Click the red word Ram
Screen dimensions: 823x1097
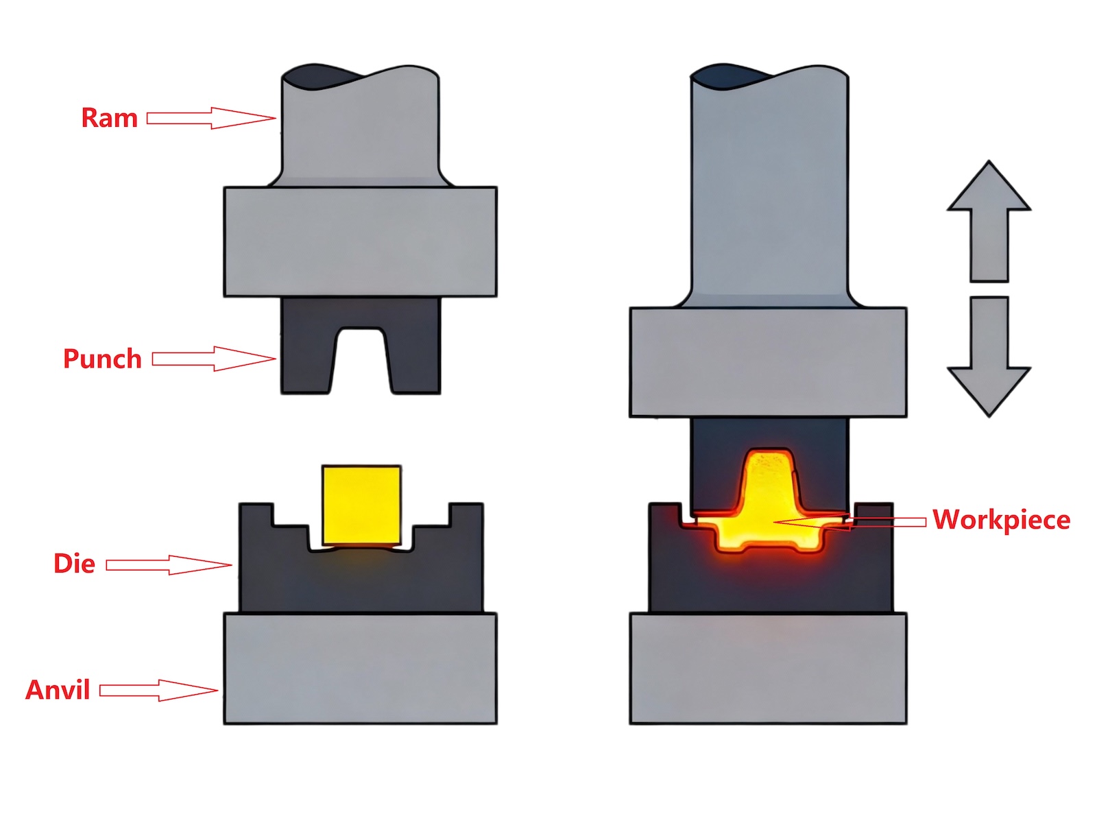[109, 118]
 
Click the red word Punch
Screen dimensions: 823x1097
[102, 359]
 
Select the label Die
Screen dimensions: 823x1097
[74, 564]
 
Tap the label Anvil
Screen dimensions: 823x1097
[58, 690]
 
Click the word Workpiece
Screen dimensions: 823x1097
[1001, 520]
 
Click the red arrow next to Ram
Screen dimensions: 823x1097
[210, 118]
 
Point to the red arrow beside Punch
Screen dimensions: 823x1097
[213, 359]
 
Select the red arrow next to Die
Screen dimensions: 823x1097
[169, 564]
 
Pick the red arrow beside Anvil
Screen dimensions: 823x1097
[158, 690]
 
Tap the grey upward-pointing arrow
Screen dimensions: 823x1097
[989, 219]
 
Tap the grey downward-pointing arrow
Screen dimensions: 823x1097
[989, 357]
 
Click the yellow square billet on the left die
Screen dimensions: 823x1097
[361, 505]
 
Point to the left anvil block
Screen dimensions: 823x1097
[360, 669]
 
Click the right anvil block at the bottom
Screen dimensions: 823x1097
[768, 669]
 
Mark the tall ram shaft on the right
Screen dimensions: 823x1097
[769, 192]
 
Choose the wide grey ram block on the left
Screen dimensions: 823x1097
[360, 241]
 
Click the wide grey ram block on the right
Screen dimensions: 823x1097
[768, 362]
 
